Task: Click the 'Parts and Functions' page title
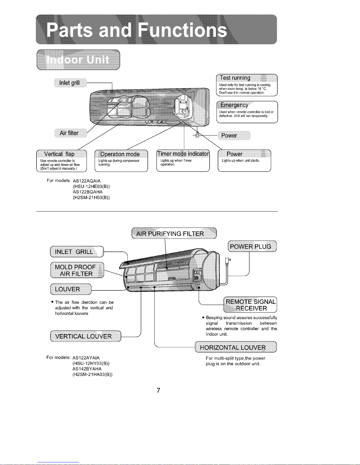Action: (136, 31)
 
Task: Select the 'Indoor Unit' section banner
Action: (78, 60)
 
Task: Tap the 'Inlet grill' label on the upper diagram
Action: (69, 83)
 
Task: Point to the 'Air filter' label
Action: (69, 133)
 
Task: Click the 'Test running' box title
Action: (235, 78)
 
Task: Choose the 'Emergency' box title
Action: (234, 105)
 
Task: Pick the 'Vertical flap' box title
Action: (59, 154)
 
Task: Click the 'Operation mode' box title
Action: (120, 154)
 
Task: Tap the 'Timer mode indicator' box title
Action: (183, 154)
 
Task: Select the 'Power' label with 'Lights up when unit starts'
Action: (235, 154)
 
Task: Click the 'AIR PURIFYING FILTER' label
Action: (170, 234)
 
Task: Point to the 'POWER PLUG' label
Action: (250, 246)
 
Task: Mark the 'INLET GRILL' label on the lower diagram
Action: (74, 252)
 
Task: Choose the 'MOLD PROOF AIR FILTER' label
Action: (75, 270)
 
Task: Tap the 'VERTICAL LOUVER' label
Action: (83, 336)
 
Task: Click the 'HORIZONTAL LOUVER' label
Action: (233, 347)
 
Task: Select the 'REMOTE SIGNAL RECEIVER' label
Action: (251, 305)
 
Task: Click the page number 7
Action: (158, 390)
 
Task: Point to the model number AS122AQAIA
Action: (87, 181)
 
